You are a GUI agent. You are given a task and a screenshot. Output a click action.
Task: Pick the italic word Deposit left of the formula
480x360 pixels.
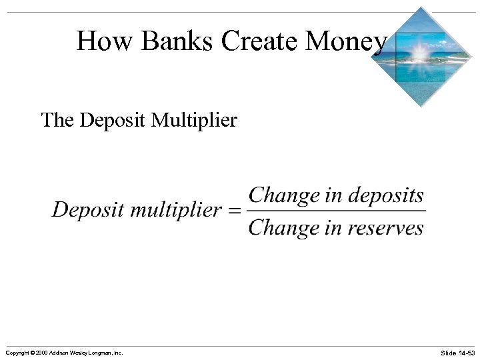88,210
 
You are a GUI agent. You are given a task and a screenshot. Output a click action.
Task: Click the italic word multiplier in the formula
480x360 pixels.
176,210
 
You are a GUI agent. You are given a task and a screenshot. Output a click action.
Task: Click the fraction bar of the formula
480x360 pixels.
337,212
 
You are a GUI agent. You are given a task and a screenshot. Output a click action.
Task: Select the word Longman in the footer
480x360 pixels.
98,352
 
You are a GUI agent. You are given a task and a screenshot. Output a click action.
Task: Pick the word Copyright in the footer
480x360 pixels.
16,352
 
